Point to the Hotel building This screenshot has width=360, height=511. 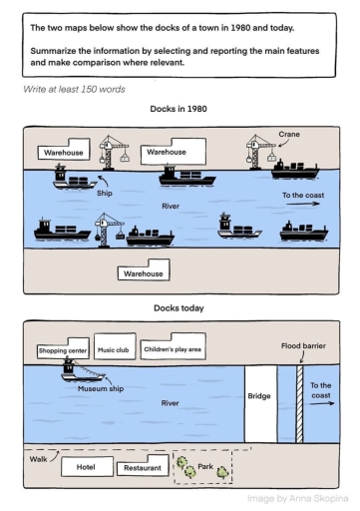(x=85, y=466)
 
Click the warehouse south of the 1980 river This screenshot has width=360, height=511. (x=145, y=271)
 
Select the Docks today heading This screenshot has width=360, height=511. (x=180, y=308)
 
